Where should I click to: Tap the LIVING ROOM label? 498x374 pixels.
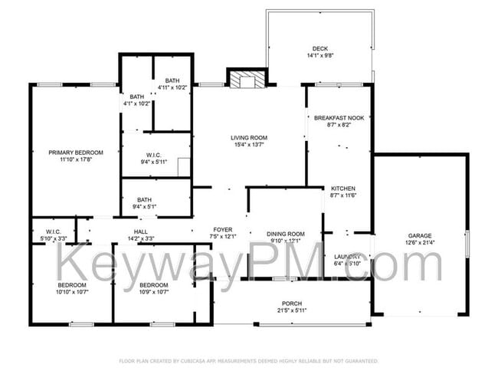point(249,138)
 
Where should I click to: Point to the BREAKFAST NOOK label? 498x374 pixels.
point(339,117)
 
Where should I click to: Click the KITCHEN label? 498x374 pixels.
point(343,187)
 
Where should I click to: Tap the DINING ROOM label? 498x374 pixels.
point(286,234)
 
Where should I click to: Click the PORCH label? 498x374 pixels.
point(292,303)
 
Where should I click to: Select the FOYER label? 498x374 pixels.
point(222,229)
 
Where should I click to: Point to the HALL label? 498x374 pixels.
point(141,231)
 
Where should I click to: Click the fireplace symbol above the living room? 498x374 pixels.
point(247,79)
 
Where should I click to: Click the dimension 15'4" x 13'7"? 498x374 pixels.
point(249,146)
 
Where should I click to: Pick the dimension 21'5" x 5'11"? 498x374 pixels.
point(292,310)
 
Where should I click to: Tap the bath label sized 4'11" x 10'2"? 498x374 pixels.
point(172,80)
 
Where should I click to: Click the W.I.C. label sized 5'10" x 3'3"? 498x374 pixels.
point(53,231)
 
